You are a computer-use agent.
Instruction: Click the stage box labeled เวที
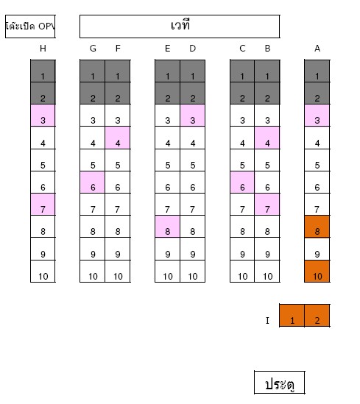180,26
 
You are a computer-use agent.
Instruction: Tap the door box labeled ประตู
280,383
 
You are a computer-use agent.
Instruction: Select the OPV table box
30,26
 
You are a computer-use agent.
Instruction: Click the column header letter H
43,48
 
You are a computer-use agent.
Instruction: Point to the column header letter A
317,48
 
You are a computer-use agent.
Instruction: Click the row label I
267,320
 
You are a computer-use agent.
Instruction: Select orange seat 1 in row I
292,316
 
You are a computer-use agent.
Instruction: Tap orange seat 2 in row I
317,316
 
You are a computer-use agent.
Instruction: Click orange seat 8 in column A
317,226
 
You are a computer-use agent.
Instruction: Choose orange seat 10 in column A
317,271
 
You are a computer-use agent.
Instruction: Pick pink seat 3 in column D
192,116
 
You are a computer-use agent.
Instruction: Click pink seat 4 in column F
118,138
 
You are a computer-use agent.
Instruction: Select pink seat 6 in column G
93,182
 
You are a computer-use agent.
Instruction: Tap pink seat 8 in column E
168,226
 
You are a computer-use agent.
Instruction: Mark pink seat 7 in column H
43,204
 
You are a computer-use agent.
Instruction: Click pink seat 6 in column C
242,182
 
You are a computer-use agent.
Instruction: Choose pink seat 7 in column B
267,204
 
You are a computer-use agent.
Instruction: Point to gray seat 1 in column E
168,71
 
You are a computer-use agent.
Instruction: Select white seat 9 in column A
317,249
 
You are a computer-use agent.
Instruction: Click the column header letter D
192,48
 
